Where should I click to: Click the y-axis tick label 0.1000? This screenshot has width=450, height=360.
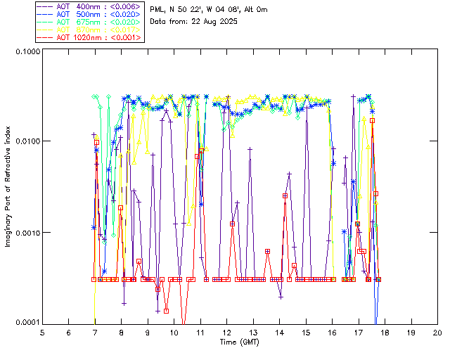(26, 52)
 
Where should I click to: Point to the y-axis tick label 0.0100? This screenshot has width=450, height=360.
(26, 142)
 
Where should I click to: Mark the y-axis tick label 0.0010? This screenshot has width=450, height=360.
(26, 233)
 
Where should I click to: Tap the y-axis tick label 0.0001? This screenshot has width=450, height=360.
(26, 323)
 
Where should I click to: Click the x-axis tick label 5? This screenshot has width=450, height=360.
(42, 332)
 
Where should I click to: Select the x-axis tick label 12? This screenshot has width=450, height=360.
(227, 332)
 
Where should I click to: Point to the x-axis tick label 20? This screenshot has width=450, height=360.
(438, 332)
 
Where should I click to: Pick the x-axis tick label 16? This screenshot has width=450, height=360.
(333, 332)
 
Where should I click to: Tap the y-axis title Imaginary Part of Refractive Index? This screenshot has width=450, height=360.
(9, 187)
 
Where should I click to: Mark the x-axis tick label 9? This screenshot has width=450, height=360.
(148, 332)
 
